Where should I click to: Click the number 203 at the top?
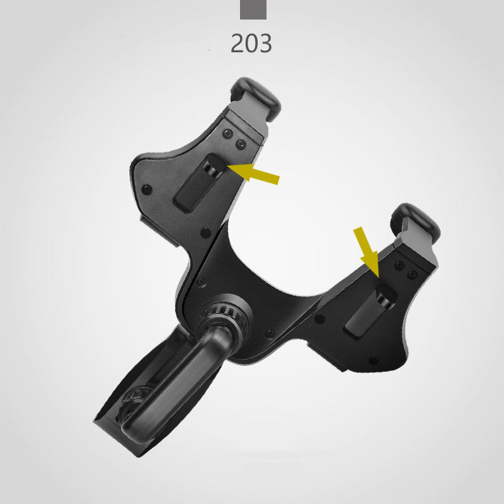point(251,42)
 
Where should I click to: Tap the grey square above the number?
point(253,9)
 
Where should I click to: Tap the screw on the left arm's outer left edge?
point(147,189)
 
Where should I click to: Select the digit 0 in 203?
point(251,42)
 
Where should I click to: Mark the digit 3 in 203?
point(265,42)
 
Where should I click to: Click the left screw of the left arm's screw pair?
point(227,134)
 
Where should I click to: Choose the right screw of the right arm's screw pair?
point(412,275)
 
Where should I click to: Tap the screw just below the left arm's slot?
point(206,232)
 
